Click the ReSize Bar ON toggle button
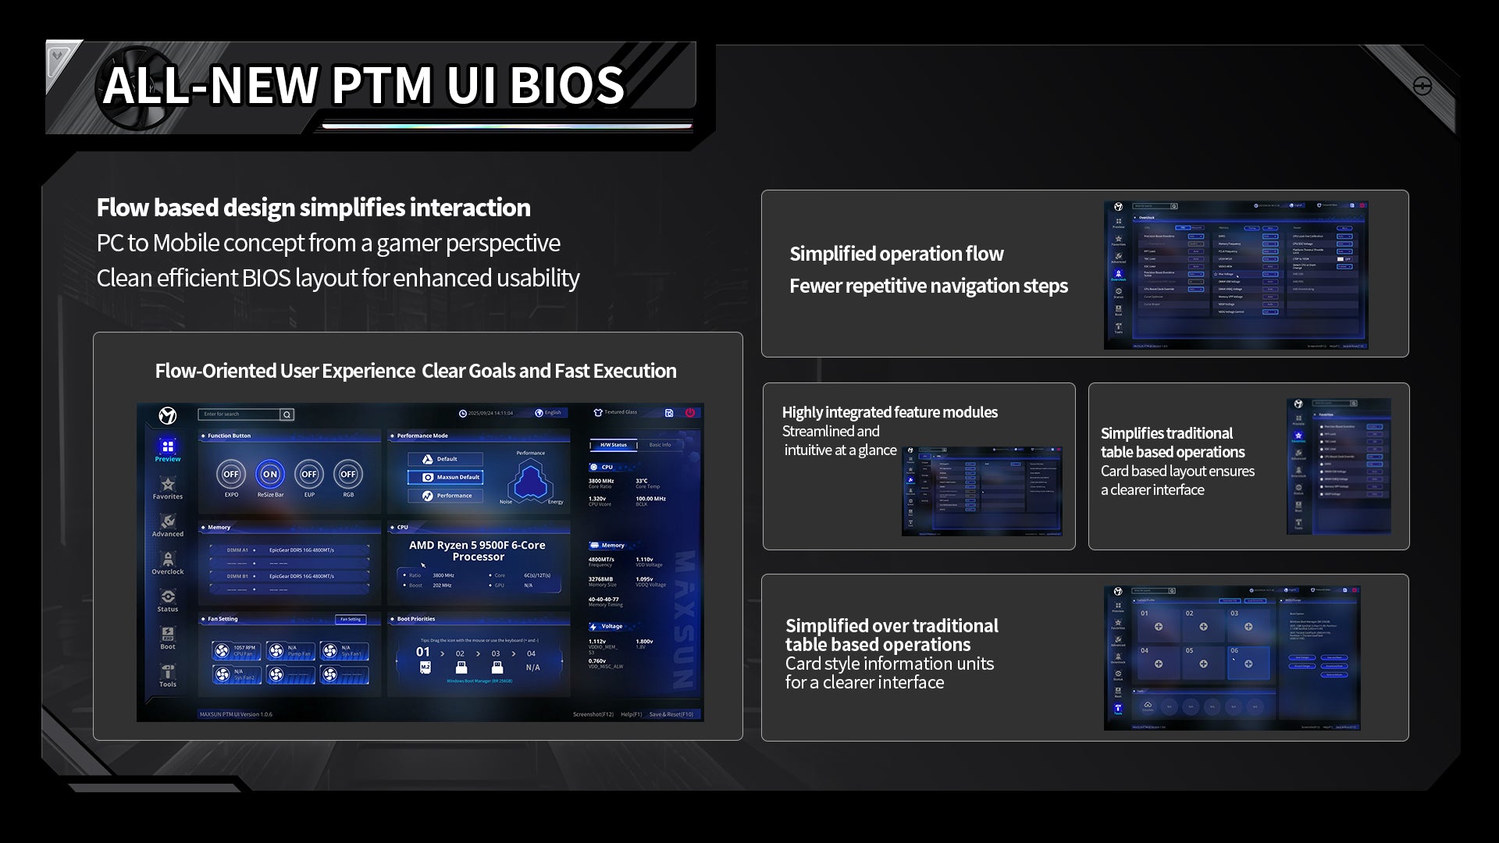point(270,474)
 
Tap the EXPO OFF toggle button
point(231,474)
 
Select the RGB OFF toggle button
point(348,474)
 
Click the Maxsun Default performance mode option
point(446,477)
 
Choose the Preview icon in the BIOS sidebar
point(168,447)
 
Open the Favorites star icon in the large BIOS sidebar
point(168,485)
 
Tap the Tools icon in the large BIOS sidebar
point(168,673)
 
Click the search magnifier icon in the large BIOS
point(287,414)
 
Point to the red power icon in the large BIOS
point(690,413)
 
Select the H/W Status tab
point(614,445)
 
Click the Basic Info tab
point(660,445)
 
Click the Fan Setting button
point(351,619)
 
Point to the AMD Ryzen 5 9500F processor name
point(478,551)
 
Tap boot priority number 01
point(423,652)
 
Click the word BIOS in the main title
point(567,85)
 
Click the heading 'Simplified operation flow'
point(896,254)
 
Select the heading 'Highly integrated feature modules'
point(890,412)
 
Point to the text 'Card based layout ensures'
point(1177,471)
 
